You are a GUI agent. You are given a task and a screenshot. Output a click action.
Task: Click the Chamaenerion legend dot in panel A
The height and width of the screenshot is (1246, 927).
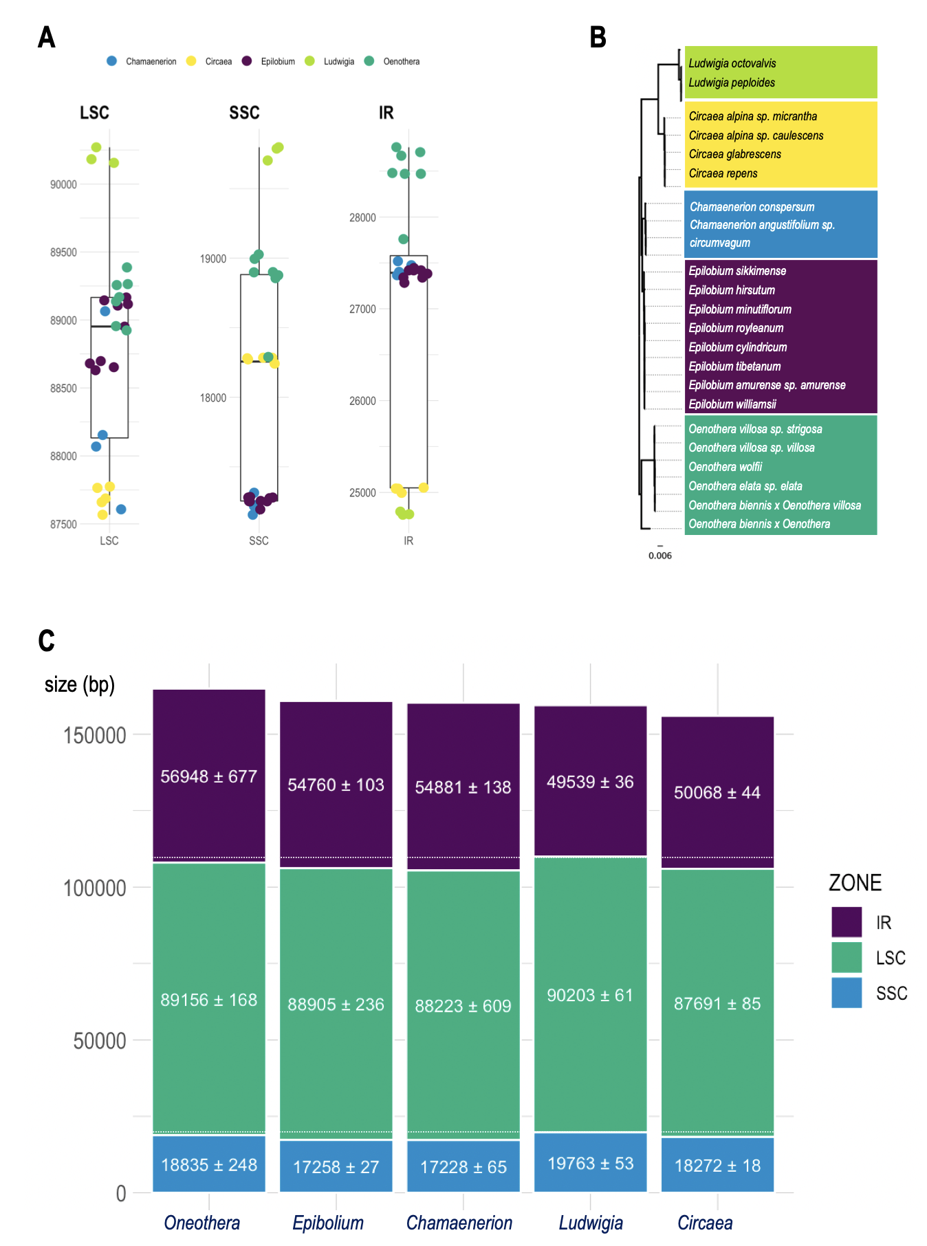point(112,61)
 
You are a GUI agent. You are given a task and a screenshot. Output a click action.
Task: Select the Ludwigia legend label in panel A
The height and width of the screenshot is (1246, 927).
point(339,62)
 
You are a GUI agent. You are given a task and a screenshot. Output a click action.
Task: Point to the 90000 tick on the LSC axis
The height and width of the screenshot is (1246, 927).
point(63,184)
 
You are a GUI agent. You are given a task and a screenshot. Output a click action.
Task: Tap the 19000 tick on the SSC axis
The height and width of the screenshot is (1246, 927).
point(213,259)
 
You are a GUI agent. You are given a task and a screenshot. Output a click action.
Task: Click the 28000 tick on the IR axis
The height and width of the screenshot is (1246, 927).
point(362,218)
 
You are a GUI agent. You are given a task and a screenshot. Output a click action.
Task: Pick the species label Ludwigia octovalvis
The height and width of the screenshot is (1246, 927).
point(732,63)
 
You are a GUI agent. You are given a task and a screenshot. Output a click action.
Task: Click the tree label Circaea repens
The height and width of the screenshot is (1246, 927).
point(723,173)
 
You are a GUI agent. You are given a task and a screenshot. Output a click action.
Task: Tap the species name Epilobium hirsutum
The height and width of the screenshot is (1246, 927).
point(732,290)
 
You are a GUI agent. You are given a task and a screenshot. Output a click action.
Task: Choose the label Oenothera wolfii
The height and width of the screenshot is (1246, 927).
point(726,467)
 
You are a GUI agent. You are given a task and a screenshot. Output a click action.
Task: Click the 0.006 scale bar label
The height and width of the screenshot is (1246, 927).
point(660,556)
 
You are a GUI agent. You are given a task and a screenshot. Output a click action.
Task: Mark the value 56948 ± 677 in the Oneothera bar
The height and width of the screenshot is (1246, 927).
point(209,776)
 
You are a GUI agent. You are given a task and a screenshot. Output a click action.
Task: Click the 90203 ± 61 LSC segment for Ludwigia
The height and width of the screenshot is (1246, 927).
point(590,995)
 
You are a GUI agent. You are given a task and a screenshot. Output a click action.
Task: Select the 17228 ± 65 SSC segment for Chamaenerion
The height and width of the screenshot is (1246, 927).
point(463,1167)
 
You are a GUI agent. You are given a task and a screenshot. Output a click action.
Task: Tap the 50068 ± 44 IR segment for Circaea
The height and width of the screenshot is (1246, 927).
point(717,792)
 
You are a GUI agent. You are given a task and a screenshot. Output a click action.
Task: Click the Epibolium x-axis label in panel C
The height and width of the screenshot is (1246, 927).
point(328,1223)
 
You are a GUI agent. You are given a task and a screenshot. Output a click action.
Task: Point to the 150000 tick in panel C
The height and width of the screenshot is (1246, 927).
point(95,735)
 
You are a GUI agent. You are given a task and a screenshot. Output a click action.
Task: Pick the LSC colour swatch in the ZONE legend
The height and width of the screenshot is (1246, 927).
point(847,957)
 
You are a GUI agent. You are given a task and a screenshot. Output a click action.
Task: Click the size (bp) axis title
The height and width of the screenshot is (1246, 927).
point(80,684)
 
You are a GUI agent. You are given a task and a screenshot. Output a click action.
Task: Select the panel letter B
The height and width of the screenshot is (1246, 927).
point(598,37)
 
